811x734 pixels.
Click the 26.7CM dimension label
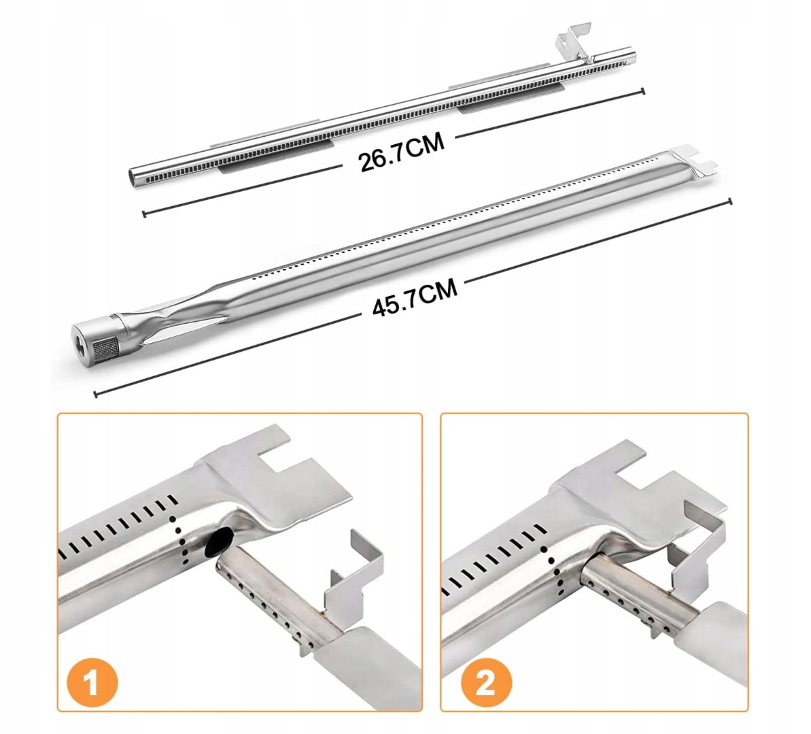coord(402,152)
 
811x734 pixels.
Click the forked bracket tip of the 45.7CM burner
coord(691,158)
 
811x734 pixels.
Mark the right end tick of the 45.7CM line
coord(730,201)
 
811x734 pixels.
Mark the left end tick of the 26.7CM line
coord(144,213)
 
